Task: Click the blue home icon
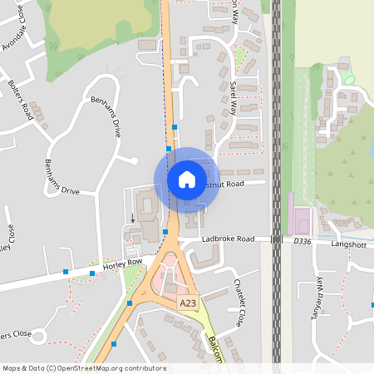pyautogui.click(x=186, y=179)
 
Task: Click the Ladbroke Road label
pyautogui.click(x=228, y=239)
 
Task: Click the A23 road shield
pyautogui.click(x=188, y=305)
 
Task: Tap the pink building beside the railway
pyautogui.click(x=299, y=220)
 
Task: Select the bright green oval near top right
pyautogui.click(x=348, y=78)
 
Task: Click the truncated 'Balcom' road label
pyautogui.click(x=215, y=349)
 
